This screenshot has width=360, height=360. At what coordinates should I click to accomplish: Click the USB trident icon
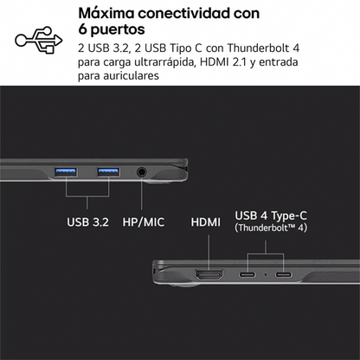[39, 40]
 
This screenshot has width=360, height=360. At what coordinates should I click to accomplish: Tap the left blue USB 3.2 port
[66, 172]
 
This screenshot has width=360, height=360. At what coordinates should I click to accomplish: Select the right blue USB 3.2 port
[108, 172]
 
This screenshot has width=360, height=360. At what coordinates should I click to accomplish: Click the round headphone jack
[141, 172]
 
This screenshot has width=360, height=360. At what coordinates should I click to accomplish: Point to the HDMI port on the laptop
[209, 274]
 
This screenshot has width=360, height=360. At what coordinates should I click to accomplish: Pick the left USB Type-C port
[247, 274]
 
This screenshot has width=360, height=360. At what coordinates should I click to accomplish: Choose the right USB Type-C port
[284, 274]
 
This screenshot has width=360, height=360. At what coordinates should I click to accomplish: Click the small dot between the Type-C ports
[266, 274]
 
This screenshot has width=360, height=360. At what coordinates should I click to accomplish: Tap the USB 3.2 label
[87, 222]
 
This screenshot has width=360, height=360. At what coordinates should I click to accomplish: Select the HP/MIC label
[144, 222]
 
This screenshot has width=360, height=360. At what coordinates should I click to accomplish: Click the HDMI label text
[206, 222]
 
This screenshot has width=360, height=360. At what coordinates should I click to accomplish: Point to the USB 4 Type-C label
[271, 215]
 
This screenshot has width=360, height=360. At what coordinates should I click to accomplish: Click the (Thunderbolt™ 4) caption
[271, 228]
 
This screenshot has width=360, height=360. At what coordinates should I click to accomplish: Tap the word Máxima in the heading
[106, 13]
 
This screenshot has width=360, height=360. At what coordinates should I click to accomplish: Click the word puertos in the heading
[118, 29]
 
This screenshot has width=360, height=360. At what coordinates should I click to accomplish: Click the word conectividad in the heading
[184, 13]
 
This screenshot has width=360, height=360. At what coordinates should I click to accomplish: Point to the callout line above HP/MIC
[141, 194]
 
